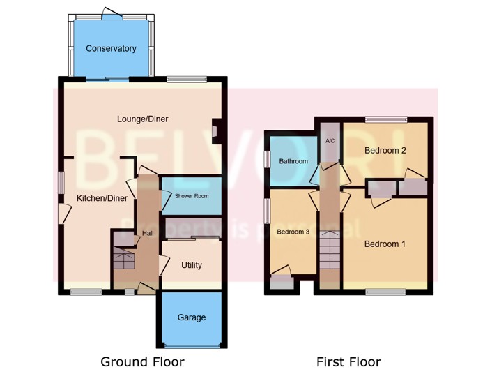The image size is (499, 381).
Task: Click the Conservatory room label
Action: [111, 49]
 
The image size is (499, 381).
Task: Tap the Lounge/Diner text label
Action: [142, 119]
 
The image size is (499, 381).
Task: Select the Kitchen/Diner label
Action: [102, 199]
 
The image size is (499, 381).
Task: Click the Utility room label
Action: [192, 265]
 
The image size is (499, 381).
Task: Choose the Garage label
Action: [192, 317]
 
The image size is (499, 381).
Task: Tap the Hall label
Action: [147, 233]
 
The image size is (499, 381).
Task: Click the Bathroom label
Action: [293, 161]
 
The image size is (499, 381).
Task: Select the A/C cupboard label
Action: [330, 142]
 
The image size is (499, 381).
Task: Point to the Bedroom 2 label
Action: [385, 150]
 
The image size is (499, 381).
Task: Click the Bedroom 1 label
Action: [385, 244]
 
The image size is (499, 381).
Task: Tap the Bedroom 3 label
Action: [293, 232]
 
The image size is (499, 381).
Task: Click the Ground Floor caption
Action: [142, 361]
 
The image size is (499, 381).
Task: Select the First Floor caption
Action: [348, 361]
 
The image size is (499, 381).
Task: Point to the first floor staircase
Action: [330, 251]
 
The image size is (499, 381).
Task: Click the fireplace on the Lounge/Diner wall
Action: [216, 131]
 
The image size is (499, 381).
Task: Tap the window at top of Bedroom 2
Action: [386, 118]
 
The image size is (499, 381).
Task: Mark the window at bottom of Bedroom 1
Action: [385, 292]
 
